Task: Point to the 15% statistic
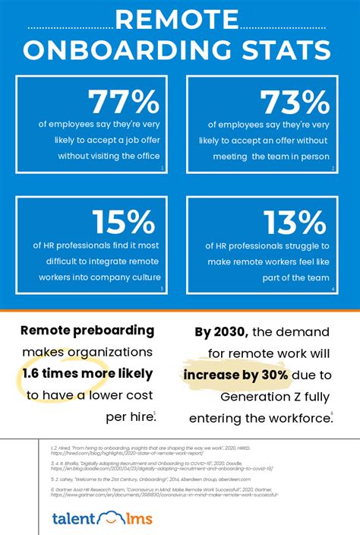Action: [123, 222]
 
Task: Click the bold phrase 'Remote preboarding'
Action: [87, 331]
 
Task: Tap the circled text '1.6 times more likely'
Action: [87, 373]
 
